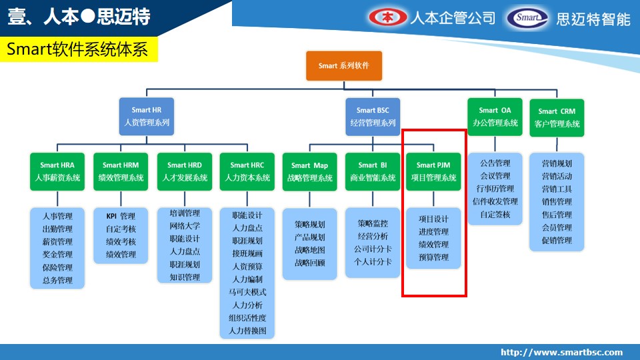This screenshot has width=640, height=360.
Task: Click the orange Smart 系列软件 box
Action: (344, 66)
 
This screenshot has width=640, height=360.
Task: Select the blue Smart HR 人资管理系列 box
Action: (147, 116)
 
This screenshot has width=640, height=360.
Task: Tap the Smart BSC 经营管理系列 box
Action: (373, 117)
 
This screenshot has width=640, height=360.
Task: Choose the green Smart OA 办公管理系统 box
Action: (495, 117)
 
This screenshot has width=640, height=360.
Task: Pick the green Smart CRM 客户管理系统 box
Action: (557, 117)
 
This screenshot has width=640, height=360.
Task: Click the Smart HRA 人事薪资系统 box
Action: (57, 171)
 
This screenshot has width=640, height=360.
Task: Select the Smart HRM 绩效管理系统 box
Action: (121, 171)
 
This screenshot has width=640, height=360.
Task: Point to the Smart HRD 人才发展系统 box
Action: (185, 171)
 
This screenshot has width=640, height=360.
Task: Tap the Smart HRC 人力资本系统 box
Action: (247, 171)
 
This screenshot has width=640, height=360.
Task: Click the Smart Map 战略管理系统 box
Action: (309, 172)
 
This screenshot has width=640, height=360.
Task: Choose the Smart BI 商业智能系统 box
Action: (373, 171)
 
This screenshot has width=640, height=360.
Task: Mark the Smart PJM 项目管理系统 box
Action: (433, 171)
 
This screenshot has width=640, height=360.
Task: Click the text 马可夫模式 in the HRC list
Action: (247, 292)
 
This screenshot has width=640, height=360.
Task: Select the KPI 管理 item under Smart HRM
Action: (121, 216)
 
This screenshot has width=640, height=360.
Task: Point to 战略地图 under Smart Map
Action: (310, 250)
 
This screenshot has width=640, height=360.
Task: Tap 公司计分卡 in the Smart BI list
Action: (373, 249)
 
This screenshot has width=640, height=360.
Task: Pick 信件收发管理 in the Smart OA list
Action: (495, 201)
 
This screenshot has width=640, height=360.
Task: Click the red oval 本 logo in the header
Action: (388, 17)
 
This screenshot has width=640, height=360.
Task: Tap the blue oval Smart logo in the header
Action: (527, 18)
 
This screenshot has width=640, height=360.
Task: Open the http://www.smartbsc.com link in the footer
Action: (561, 352)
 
